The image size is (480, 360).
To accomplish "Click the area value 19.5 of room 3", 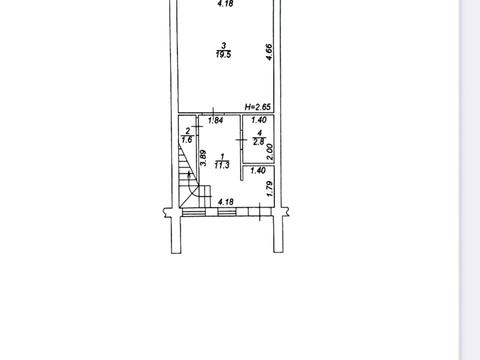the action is coord(223,54).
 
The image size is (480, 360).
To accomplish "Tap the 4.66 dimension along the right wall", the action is coord(269,52).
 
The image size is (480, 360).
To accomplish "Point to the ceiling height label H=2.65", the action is coord(258,107).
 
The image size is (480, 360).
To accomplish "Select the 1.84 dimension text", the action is coord(215,120).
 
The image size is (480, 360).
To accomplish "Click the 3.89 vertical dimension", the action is coord(203,158).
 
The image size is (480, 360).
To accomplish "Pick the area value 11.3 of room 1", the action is coord(222,165).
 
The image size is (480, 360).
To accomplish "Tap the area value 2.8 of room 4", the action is coord(259,142).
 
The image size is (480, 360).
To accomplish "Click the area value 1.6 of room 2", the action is coord(187,139).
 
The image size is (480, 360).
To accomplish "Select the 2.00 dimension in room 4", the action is coord(270,152).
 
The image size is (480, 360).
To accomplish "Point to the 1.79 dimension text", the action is coord(270,189).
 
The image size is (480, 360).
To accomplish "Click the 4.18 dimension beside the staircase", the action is coord(226,202).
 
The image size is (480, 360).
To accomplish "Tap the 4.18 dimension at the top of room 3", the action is coord(225,4).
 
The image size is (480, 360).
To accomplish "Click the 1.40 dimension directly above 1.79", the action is coord(258,171).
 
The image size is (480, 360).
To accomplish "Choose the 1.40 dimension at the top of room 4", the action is coord(259,120).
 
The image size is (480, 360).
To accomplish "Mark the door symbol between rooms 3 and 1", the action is coord(213,113).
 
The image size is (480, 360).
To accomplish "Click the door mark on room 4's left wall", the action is coord(241,140).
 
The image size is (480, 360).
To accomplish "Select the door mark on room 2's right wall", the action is coord(198,126).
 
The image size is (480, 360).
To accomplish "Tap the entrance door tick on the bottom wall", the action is coord(260,212).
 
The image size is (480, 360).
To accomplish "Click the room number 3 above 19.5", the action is coord(224,46).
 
